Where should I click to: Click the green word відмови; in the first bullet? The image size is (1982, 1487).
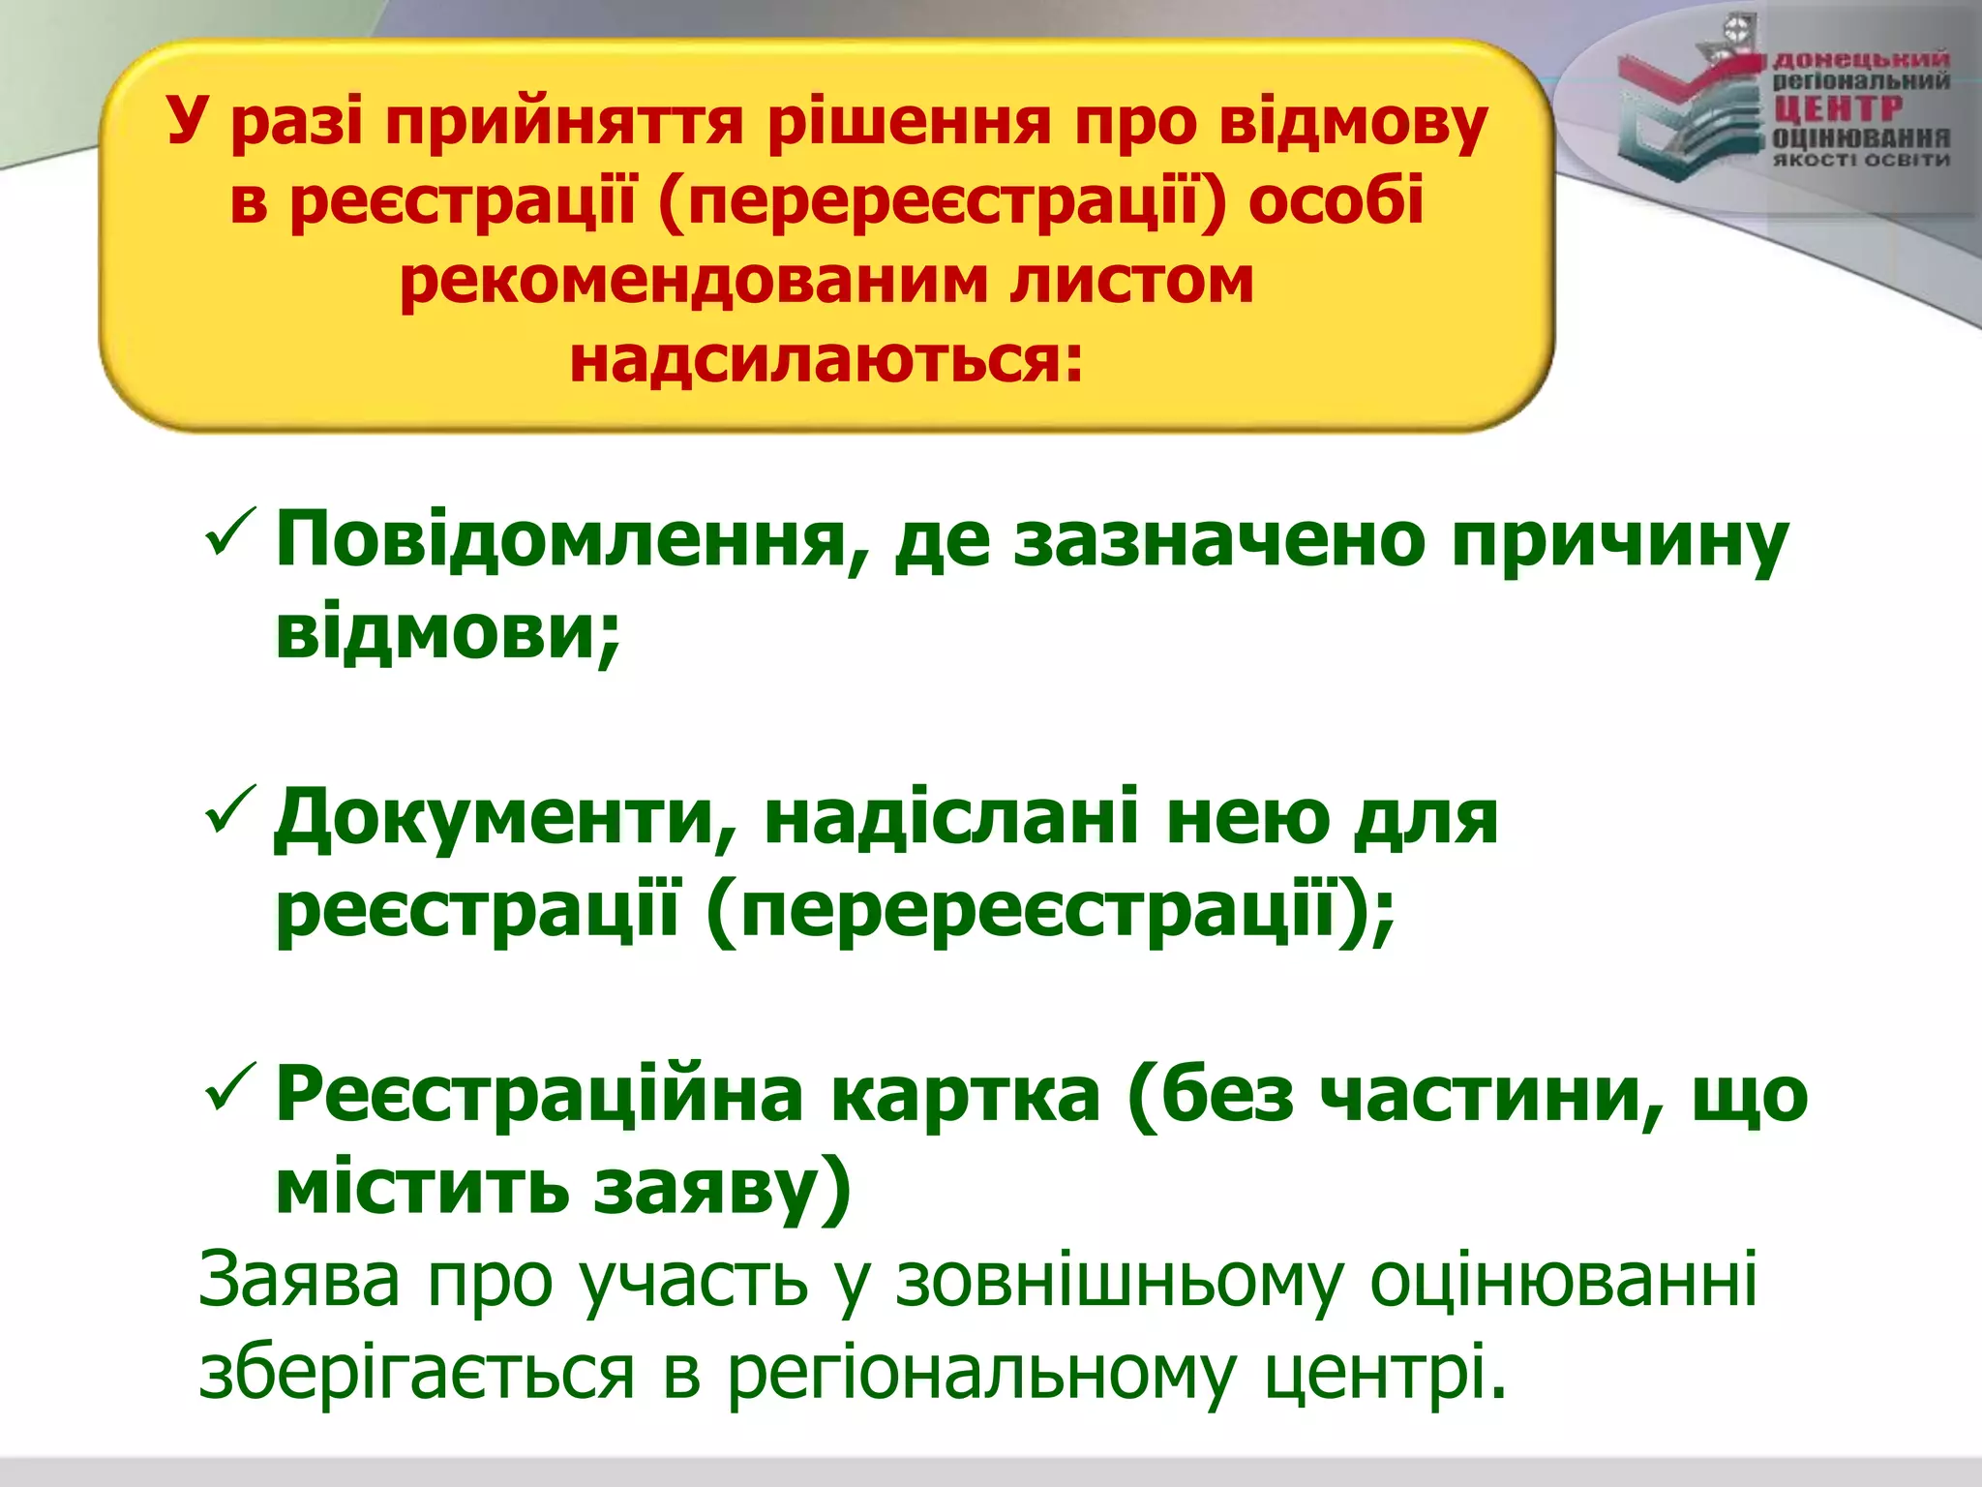447,633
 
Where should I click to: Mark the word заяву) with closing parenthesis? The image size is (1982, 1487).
722,1190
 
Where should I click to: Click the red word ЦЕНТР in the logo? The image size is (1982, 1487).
1838,108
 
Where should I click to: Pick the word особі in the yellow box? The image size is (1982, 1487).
1336,202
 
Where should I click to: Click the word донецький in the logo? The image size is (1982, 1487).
1860,61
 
